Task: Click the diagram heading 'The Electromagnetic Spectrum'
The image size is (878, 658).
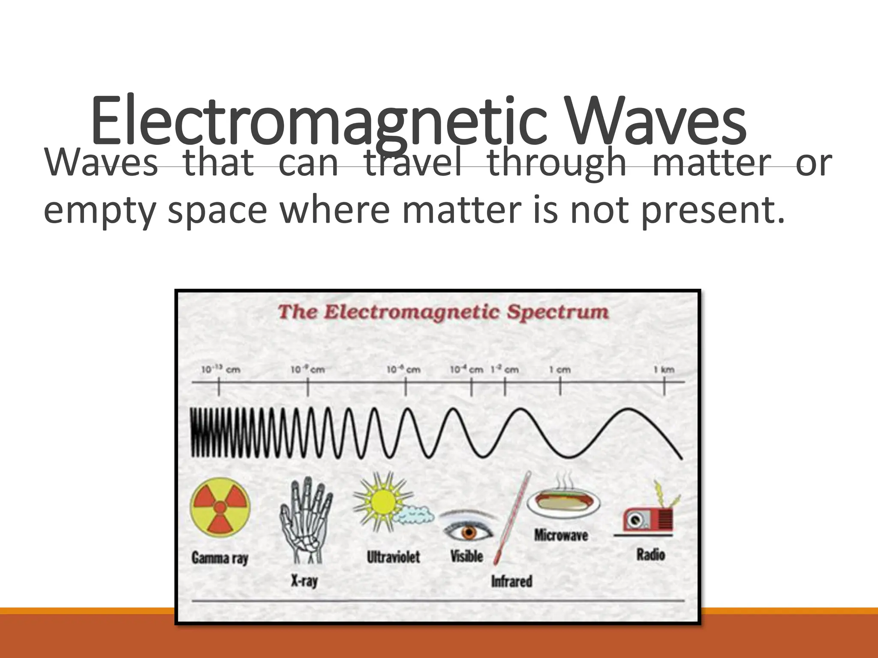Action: [443, 312]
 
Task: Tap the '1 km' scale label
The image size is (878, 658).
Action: [664, 370]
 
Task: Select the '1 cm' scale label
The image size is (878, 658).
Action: [560, 370]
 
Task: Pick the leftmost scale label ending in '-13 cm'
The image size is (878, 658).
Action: [220, 370]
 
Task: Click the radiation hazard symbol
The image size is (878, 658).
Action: [220, 508]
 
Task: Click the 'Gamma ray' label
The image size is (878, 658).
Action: [219, 558]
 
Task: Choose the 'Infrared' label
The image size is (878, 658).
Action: [511, 581]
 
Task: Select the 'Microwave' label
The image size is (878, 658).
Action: [561, 535]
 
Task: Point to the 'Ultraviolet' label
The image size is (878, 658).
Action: [393, 557]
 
